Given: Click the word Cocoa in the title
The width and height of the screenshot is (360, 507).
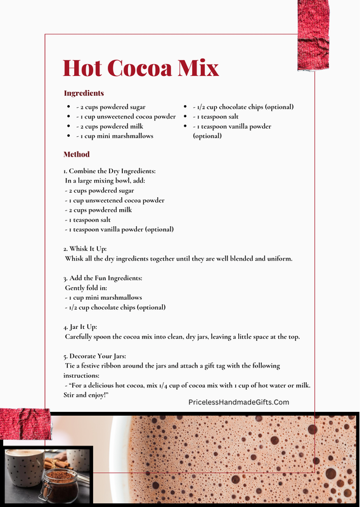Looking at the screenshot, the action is pos(138,68).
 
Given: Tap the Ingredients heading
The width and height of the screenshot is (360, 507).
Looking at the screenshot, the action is pos(84,93).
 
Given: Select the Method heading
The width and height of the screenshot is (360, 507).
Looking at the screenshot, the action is pos(77,154).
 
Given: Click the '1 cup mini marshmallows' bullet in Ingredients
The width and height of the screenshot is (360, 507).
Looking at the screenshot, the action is pos(115,136).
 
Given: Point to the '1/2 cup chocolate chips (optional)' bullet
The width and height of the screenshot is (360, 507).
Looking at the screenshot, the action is pos(243,106).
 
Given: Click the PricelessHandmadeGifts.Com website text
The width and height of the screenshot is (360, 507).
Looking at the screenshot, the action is pos(238,402).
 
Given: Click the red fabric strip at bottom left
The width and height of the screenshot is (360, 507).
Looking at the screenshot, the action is pos(25,423).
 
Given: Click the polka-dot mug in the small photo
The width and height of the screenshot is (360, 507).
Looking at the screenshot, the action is pos(23,469).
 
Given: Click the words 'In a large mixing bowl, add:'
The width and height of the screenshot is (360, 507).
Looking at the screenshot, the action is pos(105,181).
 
